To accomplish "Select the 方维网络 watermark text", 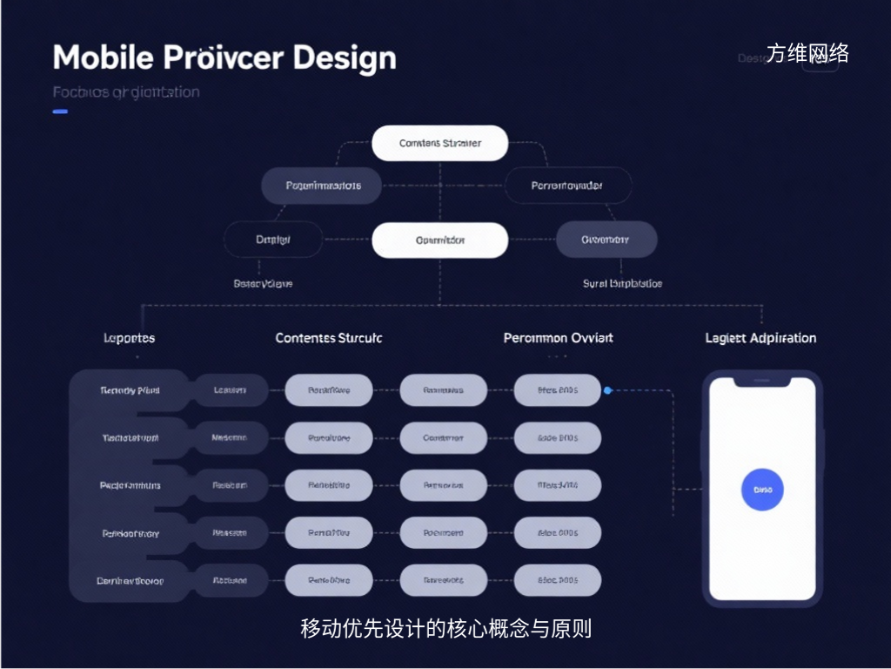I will click(807, 53).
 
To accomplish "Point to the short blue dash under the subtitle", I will click(60, 111).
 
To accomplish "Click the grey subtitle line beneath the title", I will click(125, 92).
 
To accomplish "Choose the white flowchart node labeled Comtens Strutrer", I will click(439, 143).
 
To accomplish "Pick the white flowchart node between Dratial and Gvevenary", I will click(439, 240).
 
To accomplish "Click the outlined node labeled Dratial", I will click(273, 240).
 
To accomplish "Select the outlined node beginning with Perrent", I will click(568, 186).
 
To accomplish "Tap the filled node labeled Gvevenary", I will click(606, 240).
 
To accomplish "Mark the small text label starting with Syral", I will click(622, 284).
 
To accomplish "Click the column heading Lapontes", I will click(129, 338).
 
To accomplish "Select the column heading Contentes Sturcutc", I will click(328, 338).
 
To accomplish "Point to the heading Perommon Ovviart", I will click(558, 338).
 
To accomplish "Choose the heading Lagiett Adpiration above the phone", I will click(760, 338).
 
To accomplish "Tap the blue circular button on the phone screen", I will click(762, 490).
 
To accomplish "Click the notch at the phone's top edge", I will click(762, 382).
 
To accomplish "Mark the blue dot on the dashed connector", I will click(607, 390).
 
